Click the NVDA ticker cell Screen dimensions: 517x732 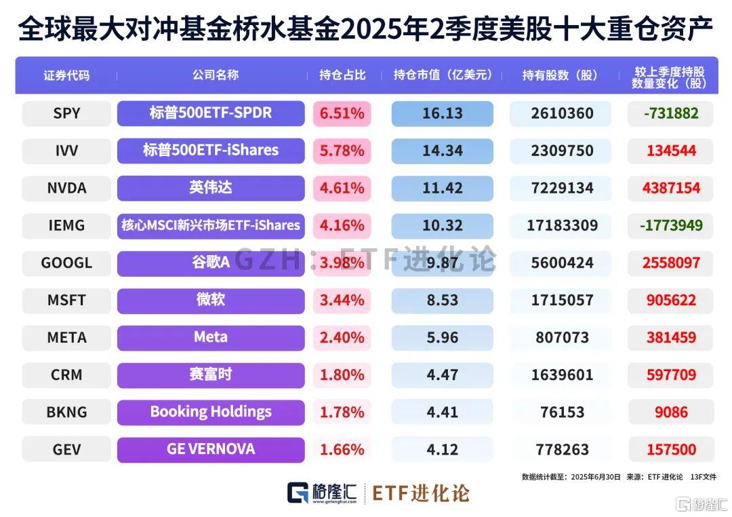66,188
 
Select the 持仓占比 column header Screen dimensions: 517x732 342,75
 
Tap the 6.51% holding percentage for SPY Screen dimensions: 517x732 342,113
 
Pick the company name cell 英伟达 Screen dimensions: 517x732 211,188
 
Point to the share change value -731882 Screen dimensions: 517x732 670,113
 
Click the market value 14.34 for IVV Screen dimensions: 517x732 442,151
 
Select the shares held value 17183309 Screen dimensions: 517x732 562,225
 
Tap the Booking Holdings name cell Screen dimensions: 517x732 211,412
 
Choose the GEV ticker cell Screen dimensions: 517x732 66,449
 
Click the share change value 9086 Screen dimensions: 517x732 670,412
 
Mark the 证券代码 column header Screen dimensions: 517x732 66,75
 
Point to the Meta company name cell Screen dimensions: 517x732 211,337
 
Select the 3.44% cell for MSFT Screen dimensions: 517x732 342,300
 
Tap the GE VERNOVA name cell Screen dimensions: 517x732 211,449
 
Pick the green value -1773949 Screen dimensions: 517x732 670,225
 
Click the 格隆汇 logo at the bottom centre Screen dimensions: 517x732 321,493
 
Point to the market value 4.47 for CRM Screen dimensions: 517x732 442,375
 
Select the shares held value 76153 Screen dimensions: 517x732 562,412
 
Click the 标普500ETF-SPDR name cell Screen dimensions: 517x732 211,113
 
